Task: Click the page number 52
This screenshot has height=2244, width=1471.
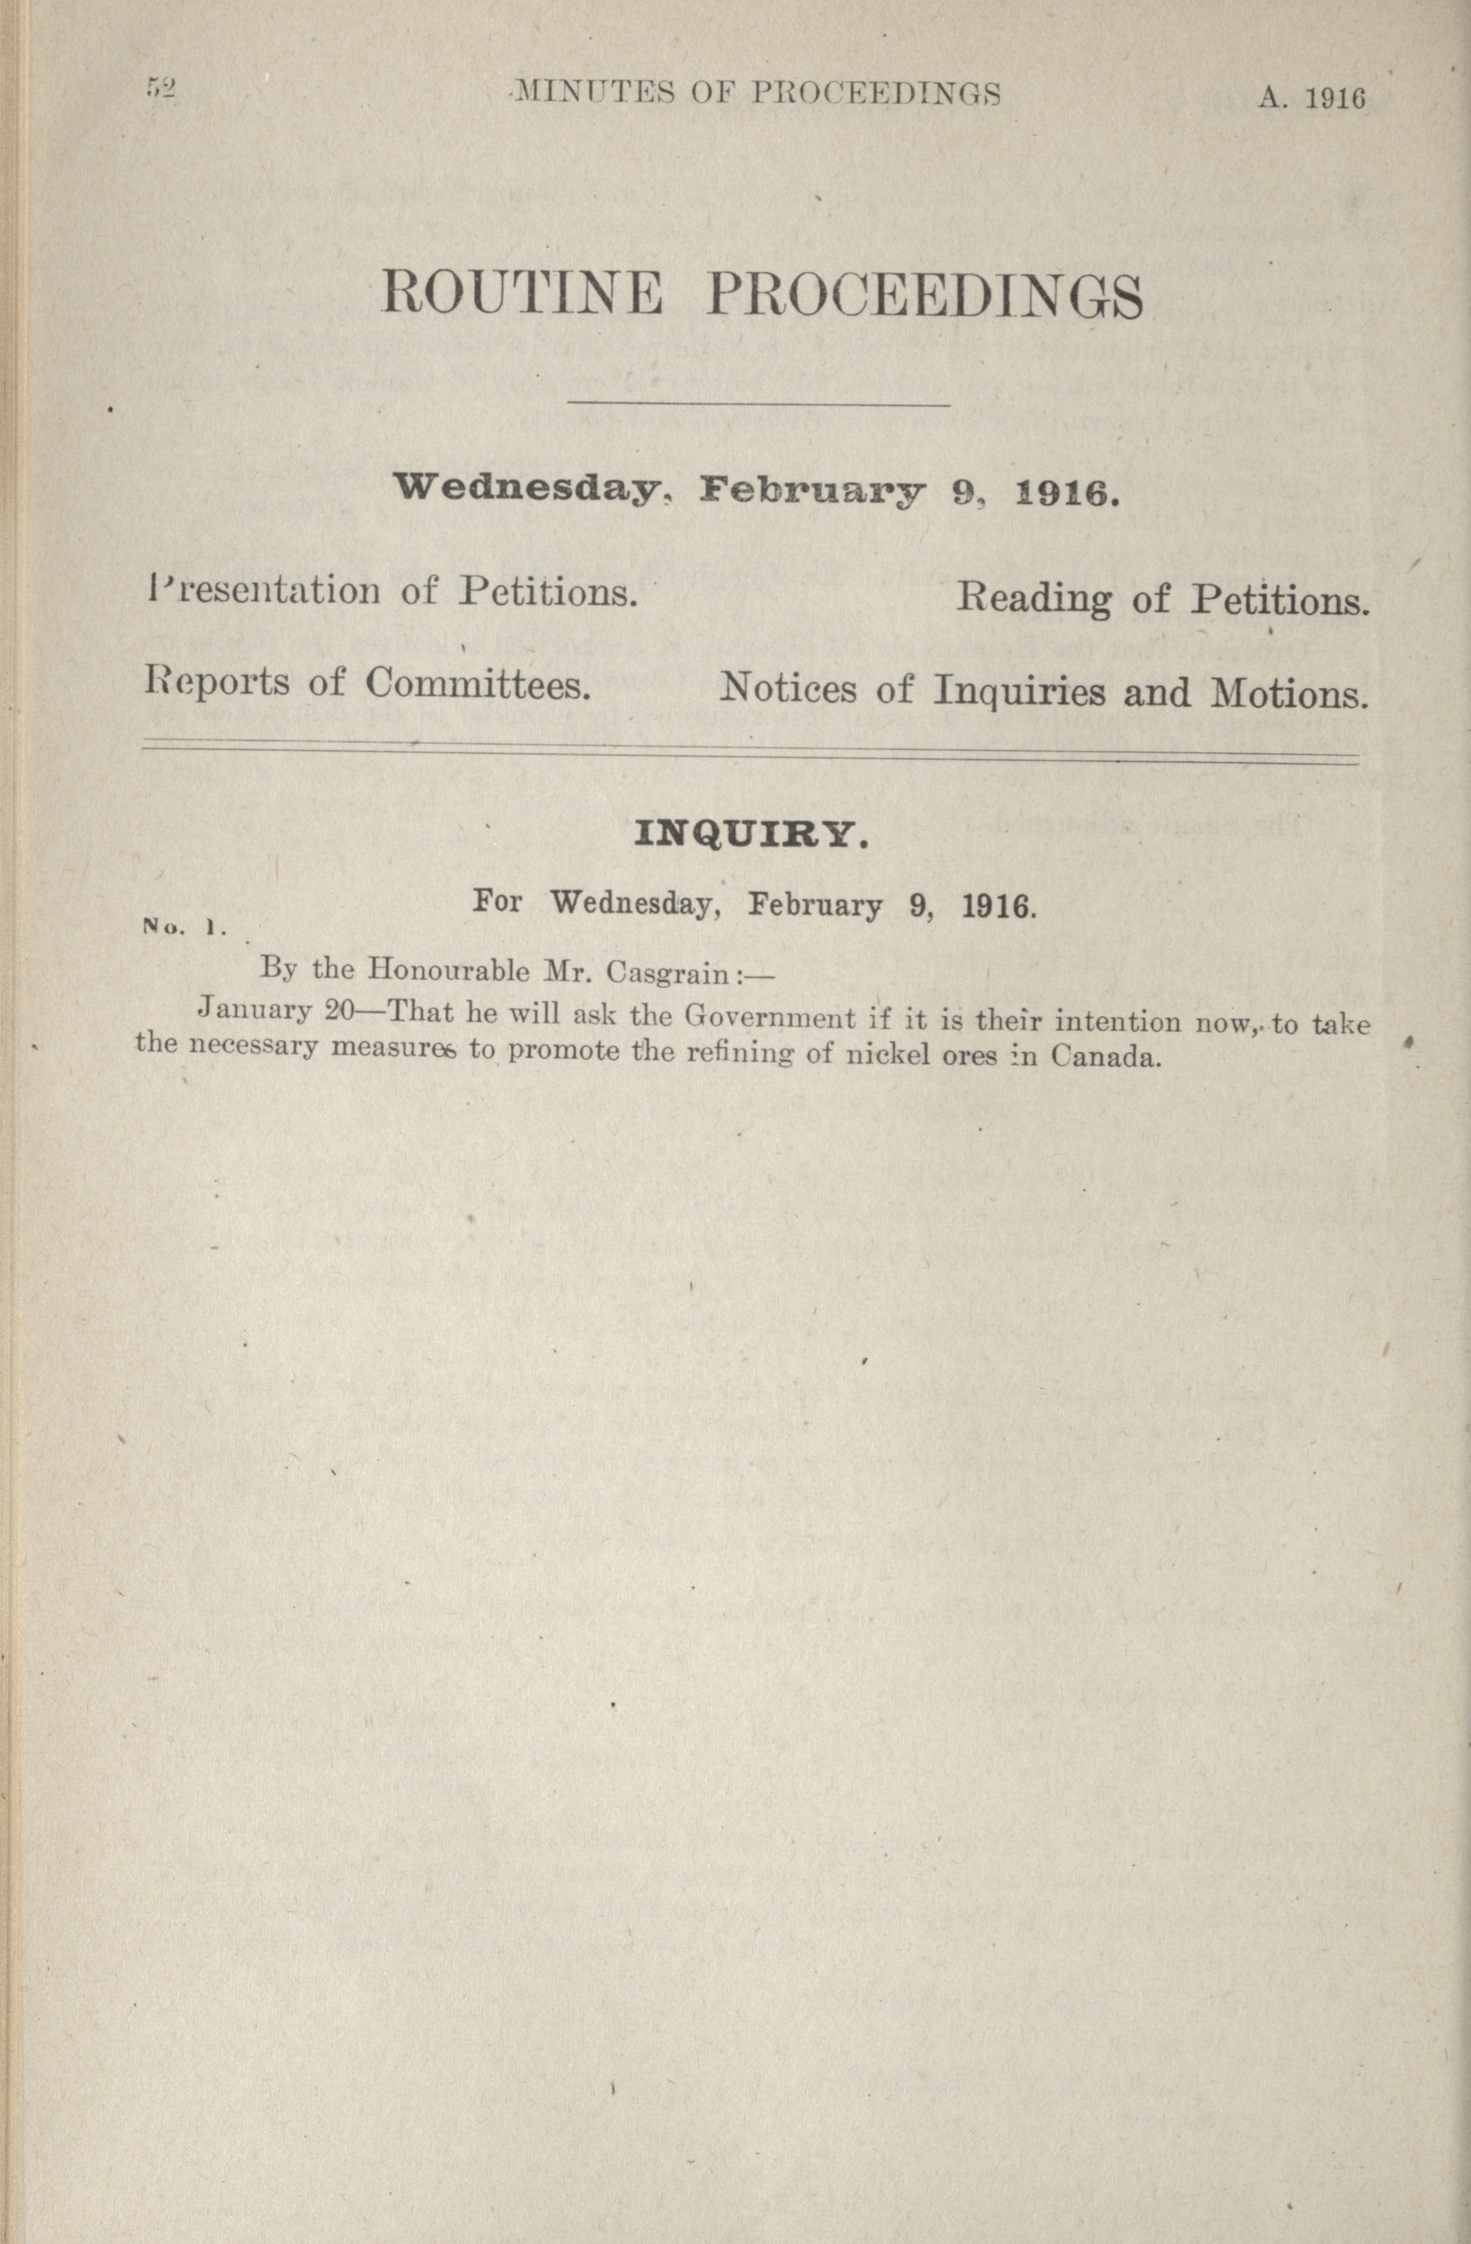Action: pos(161,89)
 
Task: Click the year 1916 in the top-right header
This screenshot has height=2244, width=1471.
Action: pos(1335,98)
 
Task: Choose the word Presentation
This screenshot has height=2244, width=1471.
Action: pos(264,591)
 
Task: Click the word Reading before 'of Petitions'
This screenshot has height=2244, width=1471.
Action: pos(1034,598)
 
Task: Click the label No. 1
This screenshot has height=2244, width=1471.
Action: pos(184,927)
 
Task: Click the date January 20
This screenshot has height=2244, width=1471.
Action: pos(274,1010)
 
